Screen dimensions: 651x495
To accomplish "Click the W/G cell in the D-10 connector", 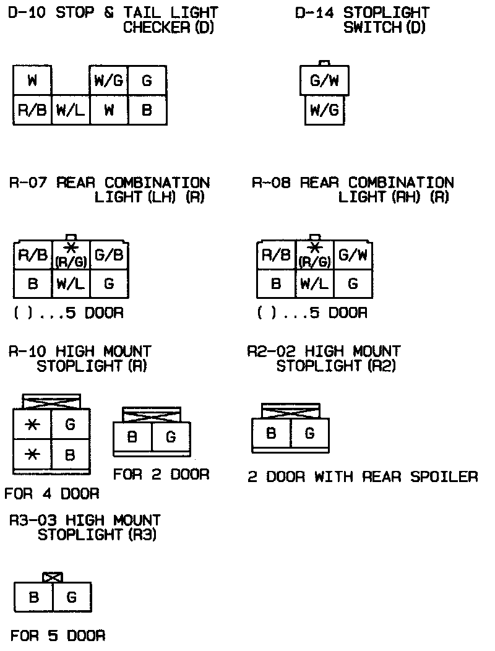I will (x=108, y=80).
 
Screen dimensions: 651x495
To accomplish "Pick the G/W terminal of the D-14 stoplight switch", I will (x=325, y=81).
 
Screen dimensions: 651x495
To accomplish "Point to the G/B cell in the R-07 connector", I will (x=109, y=255).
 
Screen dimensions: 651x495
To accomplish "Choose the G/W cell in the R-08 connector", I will (x=353, y=255).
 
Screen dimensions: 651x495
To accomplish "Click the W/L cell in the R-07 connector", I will (x=71, y=284).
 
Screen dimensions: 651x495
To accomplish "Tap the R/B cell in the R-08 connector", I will (x=276, y=255).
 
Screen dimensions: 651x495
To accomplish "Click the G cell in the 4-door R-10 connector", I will (x=70, y=425).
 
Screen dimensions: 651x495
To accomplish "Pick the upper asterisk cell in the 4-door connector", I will (x=32, y=425).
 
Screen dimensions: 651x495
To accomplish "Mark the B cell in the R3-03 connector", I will (x=33, y=597).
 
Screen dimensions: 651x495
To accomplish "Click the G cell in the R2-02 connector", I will (x=309, y=434).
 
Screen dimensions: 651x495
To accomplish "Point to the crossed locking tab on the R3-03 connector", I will (x=53, y=577).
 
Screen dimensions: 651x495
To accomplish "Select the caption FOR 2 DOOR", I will (x=161, y=475).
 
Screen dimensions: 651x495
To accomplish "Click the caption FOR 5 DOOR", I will (x=58, y=636).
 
